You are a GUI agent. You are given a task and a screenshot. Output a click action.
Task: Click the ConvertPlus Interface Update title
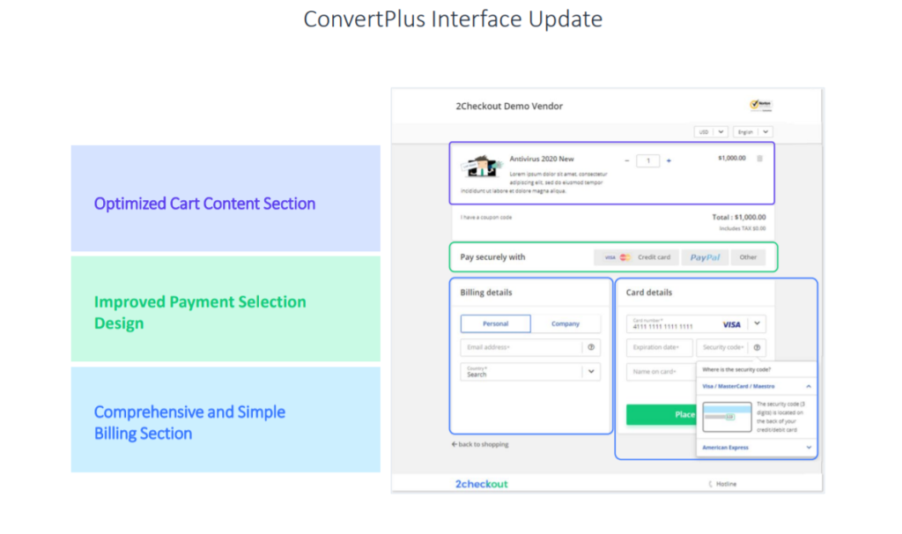coord(453,19)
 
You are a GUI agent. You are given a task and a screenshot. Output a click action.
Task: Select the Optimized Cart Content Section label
coord(204,204)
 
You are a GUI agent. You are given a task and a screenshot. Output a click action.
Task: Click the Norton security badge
coord(761,106)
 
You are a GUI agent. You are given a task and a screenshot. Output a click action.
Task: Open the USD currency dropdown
coord(711,132)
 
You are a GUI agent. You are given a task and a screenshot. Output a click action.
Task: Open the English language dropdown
coord(753,132)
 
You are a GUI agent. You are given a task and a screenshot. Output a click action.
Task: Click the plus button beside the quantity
coord(669,160)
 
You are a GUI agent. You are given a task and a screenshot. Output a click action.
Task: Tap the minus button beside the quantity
coord(627,160)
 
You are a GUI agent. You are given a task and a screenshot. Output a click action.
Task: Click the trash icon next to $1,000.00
coord(760,159)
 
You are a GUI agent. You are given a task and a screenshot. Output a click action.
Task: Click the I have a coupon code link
coord(485,217)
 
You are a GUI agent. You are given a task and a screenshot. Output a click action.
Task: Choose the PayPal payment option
coord(705,257)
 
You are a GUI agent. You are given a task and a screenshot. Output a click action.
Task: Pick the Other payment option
coord(748,257)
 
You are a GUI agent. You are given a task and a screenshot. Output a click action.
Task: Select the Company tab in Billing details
coord(566,323)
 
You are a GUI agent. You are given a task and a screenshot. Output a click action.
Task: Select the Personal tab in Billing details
coord(495,323)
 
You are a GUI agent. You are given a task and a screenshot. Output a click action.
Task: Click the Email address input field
coord(521,347)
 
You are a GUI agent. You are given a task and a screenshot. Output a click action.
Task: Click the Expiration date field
coord(659,347)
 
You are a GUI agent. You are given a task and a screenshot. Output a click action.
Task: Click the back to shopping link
coord(480,444)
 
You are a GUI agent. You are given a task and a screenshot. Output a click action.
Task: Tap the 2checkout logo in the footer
coord(482,484)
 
